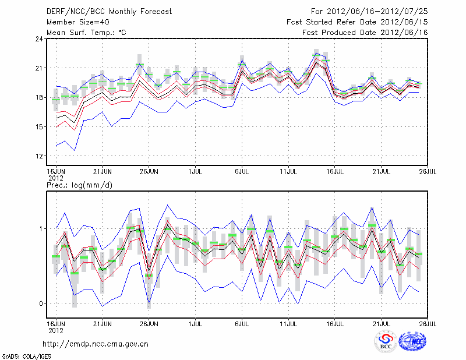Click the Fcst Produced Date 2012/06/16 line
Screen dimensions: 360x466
coord(365,32)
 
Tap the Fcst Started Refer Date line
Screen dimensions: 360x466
coord(357,22)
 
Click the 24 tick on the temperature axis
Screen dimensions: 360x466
coord(39,39)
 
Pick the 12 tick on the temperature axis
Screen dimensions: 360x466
coord(39,156)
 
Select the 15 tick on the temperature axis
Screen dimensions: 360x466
coord(39,127)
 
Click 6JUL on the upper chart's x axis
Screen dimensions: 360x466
coord(242,172)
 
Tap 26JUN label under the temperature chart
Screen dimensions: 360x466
coord(149,172)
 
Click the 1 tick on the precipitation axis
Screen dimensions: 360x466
coord(41,229)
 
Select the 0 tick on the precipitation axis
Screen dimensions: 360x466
coord(41,303)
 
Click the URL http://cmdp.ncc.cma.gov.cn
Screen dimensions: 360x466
coord(96,344)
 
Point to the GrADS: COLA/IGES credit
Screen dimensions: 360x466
coord(20,355)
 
